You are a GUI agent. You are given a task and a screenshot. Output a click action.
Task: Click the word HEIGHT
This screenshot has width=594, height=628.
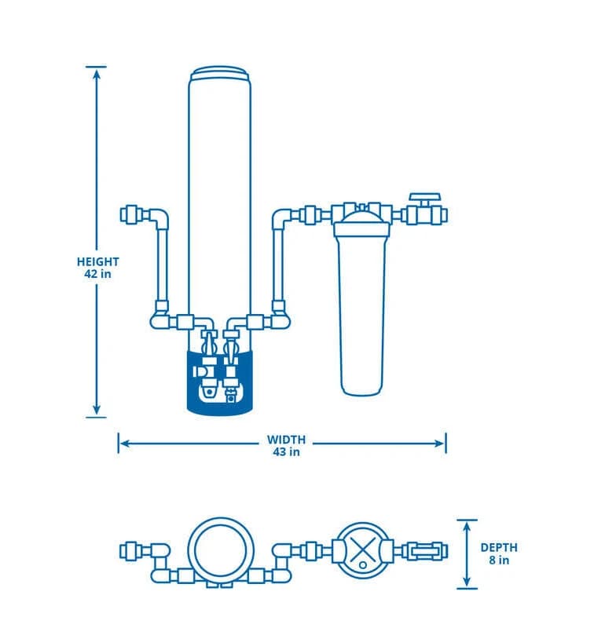coord(97,261)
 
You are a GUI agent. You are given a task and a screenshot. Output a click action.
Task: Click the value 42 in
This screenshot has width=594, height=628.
coord(97,274)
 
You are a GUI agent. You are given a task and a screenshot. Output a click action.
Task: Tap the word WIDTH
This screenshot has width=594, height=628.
coord(286,440)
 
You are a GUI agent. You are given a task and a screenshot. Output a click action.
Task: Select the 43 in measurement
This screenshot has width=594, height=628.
coord(286,452)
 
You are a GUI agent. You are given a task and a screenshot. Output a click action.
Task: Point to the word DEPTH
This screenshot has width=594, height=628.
coord(499,547)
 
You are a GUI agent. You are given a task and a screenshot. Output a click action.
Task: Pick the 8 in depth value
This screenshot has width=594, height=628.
coord(499,560)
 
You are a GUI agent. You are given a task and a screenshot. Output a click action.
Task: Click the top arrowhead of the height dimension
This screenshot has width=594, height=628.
coord(96,75)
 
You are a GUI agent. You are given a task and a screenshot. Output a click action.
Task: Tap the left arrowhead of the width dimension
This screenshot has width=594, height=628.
coord(124,444)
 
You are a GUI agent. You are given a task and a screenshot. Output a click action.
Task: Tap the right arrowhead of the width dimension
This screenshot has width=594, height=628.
coord(440,444)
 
